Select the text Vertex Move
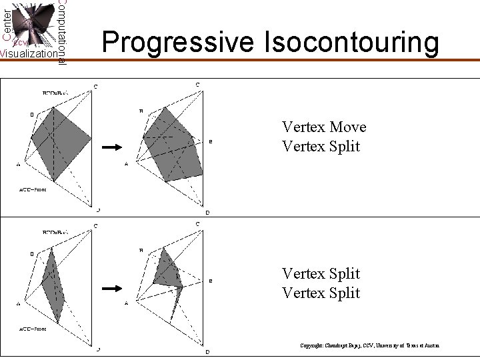[x=324, y=127]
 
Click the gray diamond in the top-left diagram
[x=61, y=142]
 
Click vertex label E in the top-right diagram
[x=211, y=142]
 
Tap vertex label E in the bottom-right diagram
[x=211, y=281]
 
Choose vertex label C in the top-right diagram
[x=197, y=84]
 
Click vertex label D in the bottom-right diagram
[x=207, y=351]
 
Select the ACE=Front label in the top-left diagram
[x=32, y=189]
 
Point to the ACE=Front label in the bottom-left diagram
[x=32, y=329]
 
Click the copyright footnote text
[x=370, y=345]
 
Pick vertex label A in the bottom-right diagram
[x=127, y=303]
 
